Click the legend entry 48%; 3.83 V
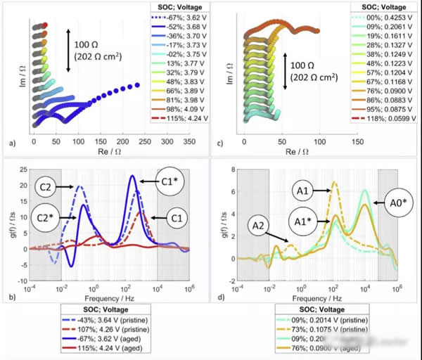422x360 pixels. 177,82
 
